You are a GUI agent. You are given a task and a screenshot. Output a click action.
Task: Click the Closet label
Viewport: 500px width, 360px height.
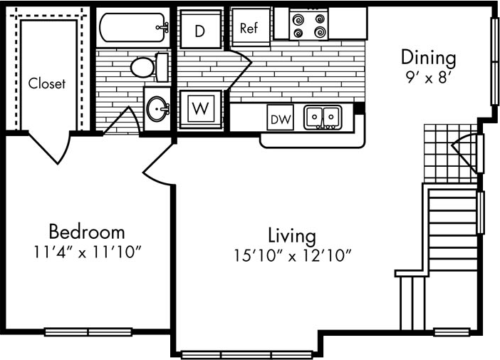pos(47,83)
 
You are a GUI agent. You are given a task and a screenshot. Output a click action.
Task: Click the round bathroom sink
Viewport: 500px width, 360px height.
pos(158,110)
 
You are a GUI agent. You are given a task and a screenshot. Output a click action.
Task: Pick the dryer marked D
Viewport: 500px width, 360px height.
pos(200,30)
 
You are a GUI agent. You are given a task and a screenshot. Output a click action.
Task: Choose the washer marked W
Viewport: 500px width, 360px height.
pos(202,109)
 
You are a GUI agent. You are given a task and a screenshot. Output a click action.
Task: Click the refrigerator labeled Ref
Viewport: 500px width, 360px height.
pos(249,28)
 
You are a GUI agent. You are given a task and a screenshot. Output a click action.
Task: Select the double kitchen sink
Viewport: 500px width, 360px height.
pos(323,117)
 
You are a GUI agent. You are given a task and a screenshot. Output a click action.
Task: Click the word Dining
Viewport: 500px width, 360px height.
pos(427,56)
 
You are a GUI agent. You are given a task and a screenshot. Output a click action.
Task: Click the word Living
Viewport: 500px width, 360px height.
pos(291,235)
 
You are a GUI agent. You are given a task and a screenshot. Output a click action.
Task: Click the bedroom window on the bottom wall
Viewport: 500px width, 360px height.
pos(88,331)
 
